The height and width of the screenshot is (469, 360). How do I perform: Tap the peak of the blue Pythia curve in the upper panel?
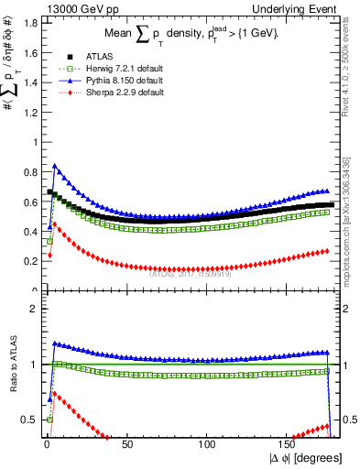[x=55, y=166]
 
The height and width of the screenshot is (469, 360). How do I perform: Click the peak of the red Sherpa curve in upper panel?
[x=55, y=223]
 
